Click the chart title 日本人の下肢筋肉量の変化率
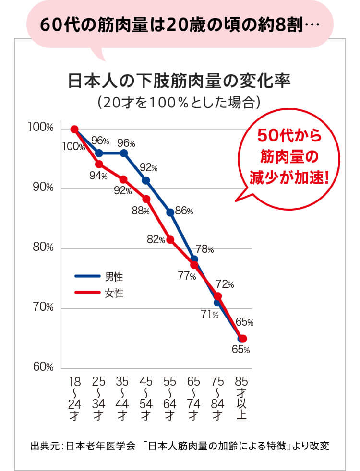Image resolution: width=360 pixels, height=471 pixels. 180,80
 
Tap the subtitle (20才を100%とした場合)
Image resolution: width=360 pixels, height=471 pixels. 180,102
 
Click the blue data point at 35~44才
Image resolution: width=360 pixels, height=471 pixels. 123,153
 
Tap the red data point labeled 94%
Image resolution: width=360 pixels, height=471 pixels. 99,164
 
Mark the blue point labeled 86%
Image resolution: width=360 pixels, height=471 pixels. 170,212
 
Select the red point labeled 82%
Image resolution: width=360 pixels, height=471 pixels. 170,239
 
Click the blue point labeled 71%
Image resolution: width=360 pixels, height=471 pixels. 217,303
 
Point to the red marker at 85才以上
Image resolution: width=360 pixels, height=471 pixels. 242,339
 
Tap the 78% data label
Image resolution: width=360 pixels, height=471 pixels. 204,249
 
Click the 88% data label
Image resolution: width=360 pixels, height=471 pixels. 141,211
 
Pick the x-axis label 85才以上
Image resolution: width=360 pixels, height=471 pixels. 241,398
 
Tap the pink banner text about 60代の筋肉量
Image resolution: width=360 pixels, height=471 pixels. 180,24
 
